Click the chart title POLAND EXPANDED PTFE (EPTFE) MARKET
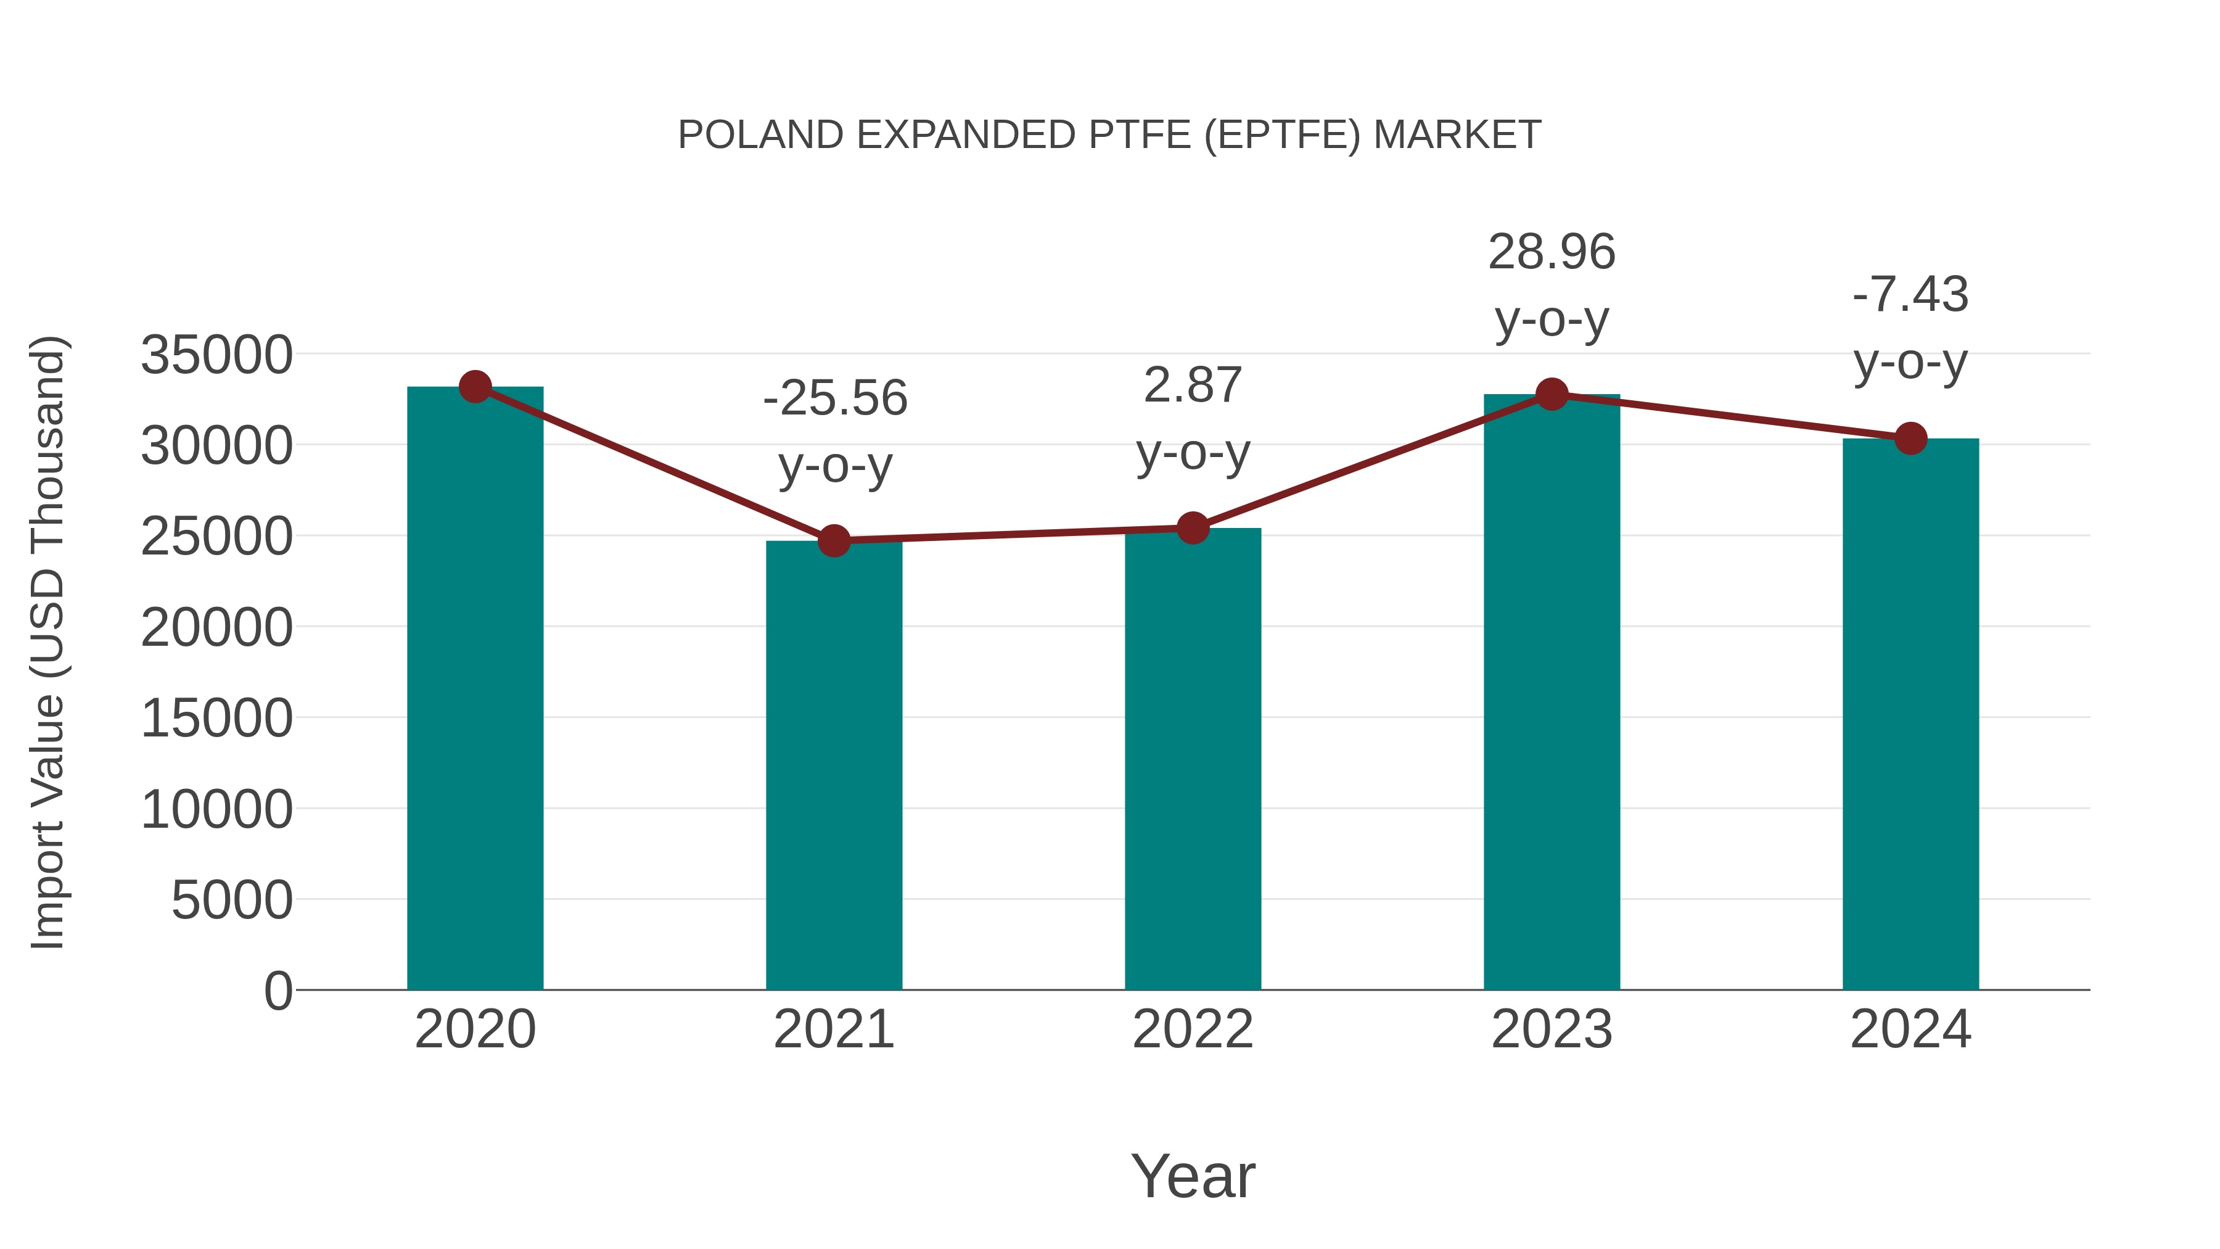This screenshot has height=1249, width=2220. pos(1109,135)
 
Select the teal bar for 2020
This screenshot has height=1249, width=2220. pos(475,690)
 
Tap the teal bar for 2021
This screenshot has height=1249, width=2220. pos(833,767)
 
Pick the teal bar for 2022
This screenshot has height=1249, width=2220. pos(1193,759)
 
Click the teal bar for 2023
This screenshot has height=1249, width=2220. pos(1552,690)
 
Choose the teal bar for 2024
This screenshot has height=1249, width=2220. pos(1910,715)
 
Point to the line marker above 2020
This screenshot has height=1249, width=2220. pos(475,387)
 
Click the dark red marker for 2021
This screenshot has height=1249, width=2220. pos(833,542)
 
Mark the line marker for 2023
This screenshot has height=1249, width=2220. pos(1552,395)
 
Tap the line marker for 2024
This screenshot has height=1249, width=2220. pos(1910,439)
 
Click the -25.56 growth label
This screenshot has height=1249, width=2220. pos(835,398)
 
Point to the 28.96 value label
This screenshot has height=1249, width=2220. pos(1552,252)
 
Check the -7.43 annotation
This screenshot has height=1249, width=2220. pos(1910,295)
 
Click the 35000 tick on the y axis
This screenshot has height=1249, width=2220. pos(216,355)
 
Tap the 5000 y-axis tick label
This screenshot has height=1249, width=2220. pos(232,901)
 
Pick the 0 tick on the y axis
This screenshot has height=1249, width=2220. pos(278,991)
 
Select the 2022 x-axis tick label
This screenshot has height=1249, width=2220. pos(1193,1029)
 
